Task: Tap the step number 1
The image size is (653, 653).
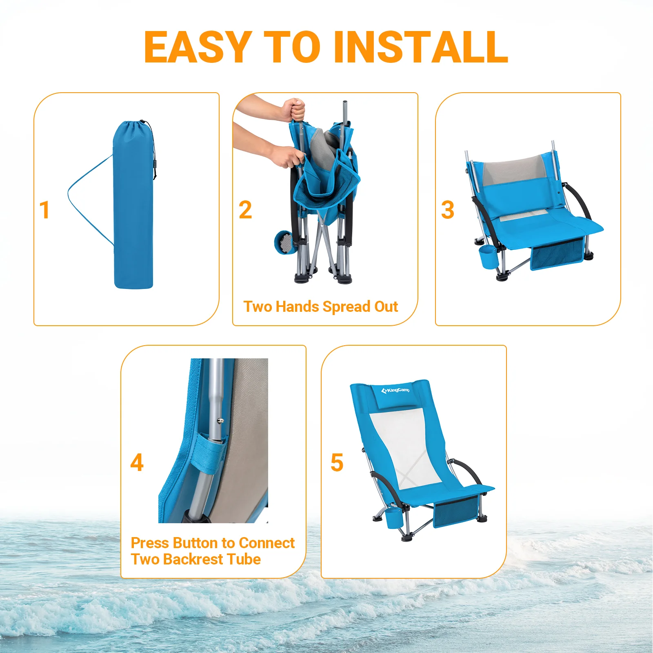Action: tap(44, 210)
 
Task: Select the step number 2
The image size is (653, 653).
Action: tap(245, 210)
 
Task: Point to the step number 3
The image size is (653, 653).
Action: tap(447, 210)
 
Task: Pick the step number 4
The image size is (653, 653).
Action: tap(137, 462)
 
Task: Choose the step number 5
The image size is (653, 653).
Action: tap(337, 462)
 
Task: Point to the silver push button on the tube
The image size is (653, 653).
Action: tap(220, 420)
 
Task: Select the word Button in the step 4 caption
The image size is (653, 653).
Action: tap(195, 543)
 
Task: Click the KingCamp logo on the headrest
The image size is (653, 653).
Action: tap(395, 391)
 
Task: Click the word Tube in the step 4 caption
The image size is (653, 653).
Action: tap(244, 559)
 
